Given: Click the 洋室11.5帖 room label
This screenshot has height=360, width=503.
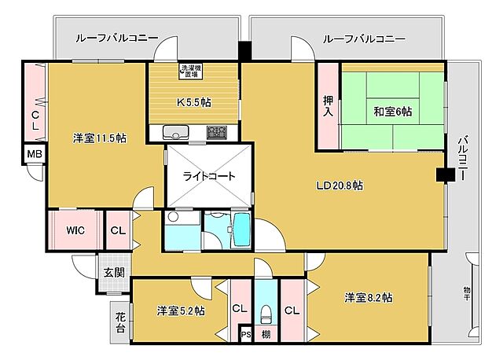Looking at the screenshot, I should (100, 138).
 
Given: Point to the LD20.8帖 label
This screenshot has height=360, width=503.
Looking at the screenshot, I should (339, 186).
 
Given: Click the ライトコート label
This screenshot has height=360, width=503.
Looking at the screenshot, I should (209, 176).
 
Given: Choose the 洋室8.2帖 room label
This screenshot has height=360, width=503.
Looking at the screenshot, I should (368, 298).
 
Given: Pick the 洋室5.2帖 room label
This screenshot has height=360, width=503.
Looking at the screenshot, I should (180, 310).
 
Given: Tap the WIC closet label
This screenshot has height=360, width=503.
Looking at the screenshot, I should (75, 230).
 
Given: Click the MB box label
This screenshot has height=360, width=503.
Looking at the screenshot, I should (35, 154).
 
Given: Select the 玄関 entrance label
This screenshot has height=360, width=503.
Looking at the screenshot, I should (113, 273).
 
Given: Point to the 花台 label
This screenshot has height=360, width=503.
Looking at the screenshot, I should (120, 321).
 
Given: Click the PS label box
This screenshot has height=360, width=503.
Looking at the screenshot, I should (245, 335).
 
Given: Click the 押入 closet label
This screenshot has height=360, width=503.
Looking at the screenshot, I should (329, 107).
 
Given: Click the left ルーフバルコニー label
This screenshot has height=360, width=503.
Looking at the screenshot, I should (117, 37).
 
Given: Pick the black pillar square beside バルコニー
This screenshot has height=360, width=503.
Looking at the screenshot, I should (446, 175).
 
